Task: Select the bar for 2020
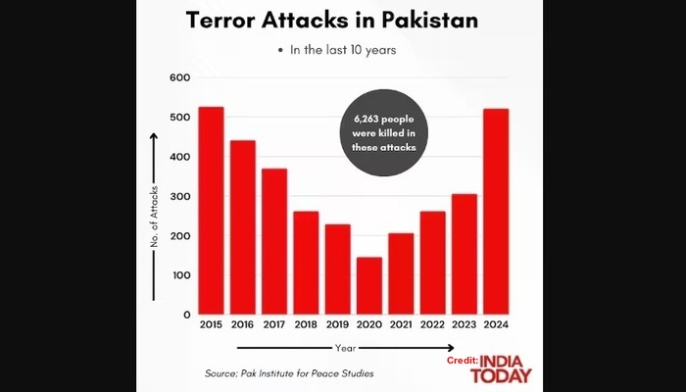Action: pos(369,286)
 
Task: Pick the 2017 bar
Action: pos(274,241)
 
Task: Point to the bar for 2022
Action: pos(433,263)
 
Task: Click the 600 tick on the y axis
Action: pos(178,78)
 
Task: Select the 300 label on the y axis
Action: pos(178,197)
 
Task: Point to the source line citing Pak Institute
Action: pos(289,373)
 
